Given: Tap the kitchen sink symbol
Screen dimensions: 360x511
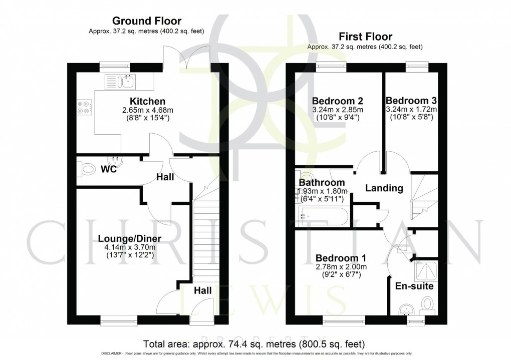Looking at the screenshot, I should (119, 80).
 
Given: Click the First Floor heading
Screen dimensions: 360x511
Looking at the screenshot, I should (365, 37).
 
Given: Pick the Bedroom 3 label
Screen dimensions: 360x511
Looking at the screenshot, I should (411, 100).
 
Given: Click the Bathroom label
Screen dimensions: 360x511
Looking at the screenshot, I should (322, 182).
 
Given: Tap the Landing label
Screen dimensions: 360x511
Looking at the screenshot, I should (384, 188).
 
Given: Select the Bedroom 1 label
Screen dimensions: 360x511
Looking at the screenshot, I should (341, 258).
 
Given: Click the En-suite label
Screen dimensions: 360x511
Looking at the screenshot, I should (414, 287).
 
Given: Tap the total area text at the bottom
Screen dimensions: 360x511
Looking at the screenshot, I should (254, 344).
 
